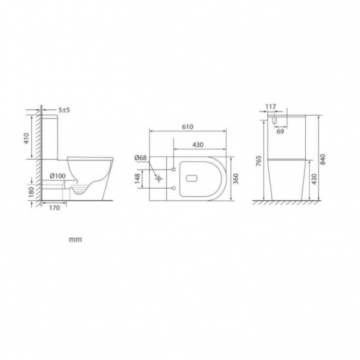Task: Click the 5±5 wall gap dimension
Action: click(x=64, y=110)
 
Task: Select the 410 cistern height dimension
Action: click(x=27, y=138)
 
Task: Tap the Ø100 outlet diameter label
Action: click(x=57, y=176)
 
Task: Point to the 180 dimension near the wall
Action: click(x=31, y=192)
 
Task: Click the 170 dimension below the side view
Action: click(x=54, y=208)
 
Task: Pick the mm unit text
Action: click(x=76, y=240)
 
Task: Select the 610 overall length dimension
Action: click(x=187, y=127)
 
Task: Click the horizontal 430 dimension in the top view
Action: click(x=198, y=145)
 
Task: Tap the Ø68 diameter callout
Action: click(x=141, y=158)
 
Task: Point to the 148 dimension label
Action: click(x=137, y=178)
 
